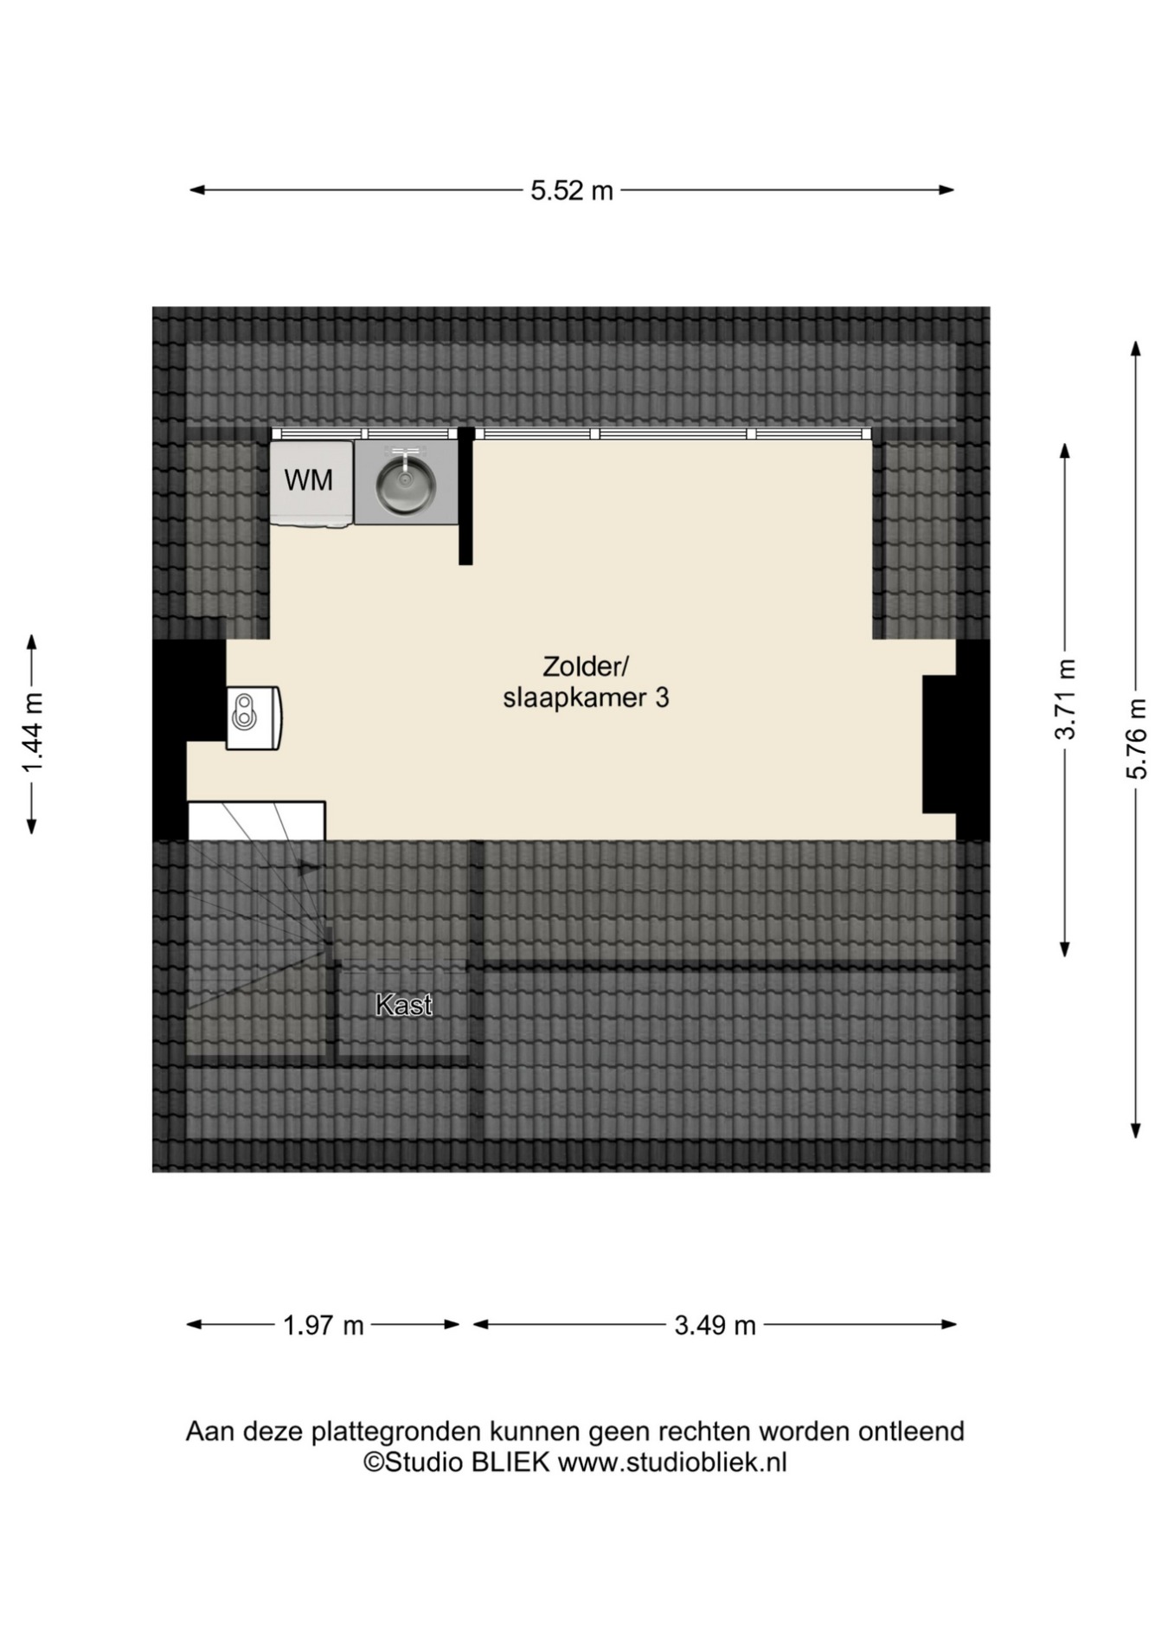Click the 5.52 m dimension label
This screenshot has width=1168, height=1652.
pyautogui.click(x=571, y=190)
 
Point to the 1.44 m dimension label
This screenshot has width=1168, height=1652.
pyautogui.click(x=32, y=734)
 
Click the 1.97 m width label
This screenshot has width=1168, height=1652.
pyautogui.click(x=324, y=1325)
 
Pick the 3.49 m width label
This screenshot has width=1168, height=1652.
pyautogui.click(x=715, y=1325)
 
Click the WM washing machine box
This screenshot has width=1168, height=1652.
pyautogui.click(x=311, y=483)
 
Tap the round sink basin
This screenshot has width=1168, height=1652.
pyautogui.click(x=405, y=483)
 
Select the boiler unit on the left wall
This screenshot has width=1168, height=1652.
pyautogui.click(x=253, y=717)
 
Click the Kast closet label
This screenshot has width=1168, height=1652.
pyautogui.click(x=404, y=1005)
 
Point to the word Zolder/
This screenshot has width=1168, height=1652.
pyautogui.click(x=585, y=666)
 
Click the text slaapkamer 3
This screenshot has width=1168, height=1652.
pyautogui.click(x=586, y=697)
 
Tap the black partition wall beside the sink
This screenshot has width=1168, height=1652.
pyautogui.click(x=465, y=496)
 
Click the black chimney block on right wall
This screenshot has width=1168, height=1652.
pyautogui.click(x=939, y=744)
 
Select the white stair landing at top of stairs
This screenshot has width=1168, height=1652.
pyautogui.click(x=256, y=820)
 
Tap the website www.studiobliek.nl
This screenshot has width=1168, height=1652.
pyautogui.click(x=672, y=1462)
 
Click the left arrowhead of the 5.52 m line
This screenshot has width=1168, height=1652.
pyautogui.click(x=197, y=190)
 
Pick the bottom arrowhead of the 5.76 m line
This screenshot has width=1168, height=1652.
pyautogui.click(x=1136, y=1130)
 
